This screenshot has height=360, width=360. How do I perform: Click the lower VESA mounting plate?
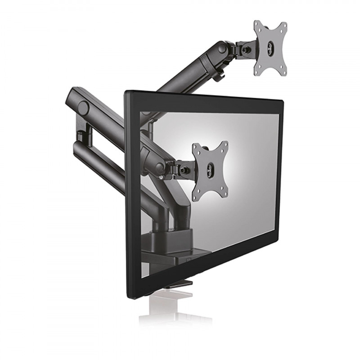[210, 171]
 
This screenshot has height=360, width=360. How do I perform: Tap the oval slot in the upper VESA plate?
[270, 47]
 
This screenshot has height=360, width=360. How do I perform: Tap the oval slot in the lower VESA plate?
[209, 170]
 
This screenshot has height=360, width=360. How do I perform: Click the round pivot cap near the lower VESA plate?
[159, 167]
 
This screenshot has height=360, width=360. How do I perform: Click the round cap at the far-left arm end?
[83, 108]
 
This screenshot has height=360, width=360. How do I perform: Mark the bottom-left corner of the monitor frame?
[129, 297]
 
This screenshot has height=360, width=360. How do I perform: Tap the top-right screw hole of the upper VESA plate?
[283, 26]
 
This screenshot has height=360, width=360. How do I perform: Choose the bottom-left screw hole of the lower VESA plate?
[194, 198]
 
